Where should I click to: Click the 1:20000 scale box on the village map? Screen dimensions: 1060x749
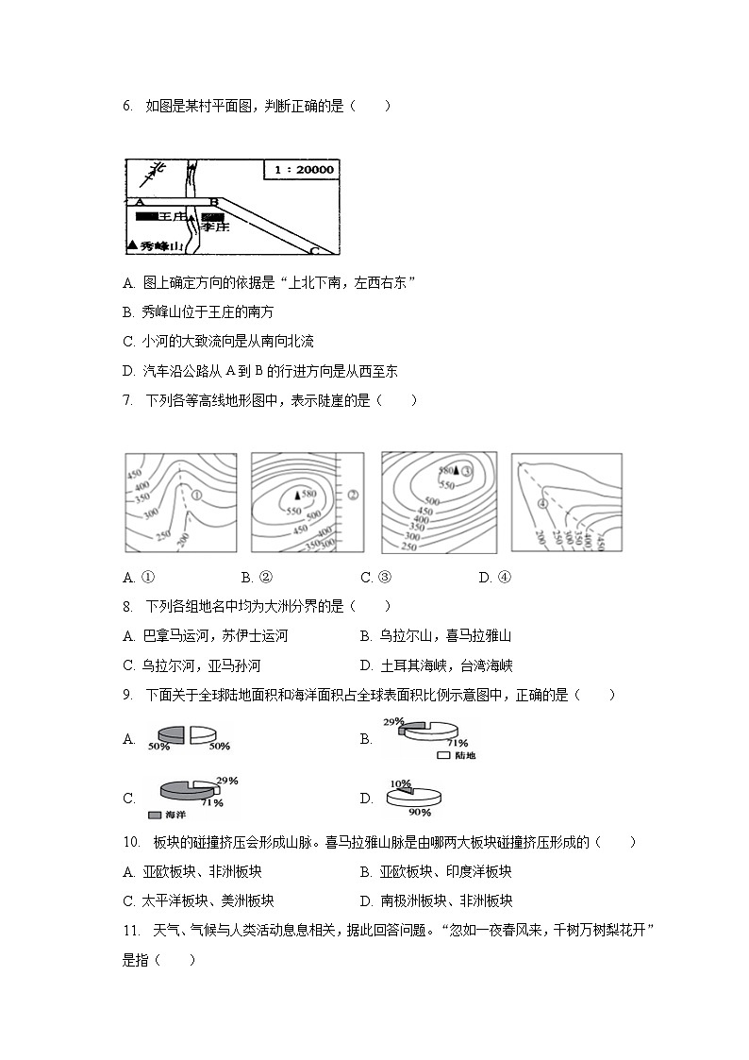point(303,170)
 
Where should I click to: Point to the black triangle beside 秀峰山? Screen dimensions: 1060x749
point(131,245)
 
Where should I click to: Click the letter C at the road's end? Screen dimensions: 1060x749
point(314,251)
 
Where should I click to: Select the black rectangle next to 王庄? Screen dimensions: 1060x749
point(146,216)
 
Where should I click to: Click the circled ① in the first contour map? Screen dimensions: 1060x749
point(196,494)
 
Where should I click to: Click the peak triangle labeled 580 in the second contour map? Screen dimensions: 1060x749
point(297,494)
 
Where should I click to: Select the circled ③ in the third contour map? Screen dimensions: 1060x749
point(466,469)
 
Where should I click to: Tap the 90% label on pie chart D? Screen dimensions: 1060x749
point(420,812)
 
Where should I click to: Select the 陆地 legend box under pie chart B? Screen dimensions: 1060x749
point(443,756)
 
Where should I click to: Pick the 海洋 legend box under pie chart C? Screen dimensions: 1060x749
point(155,814)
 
